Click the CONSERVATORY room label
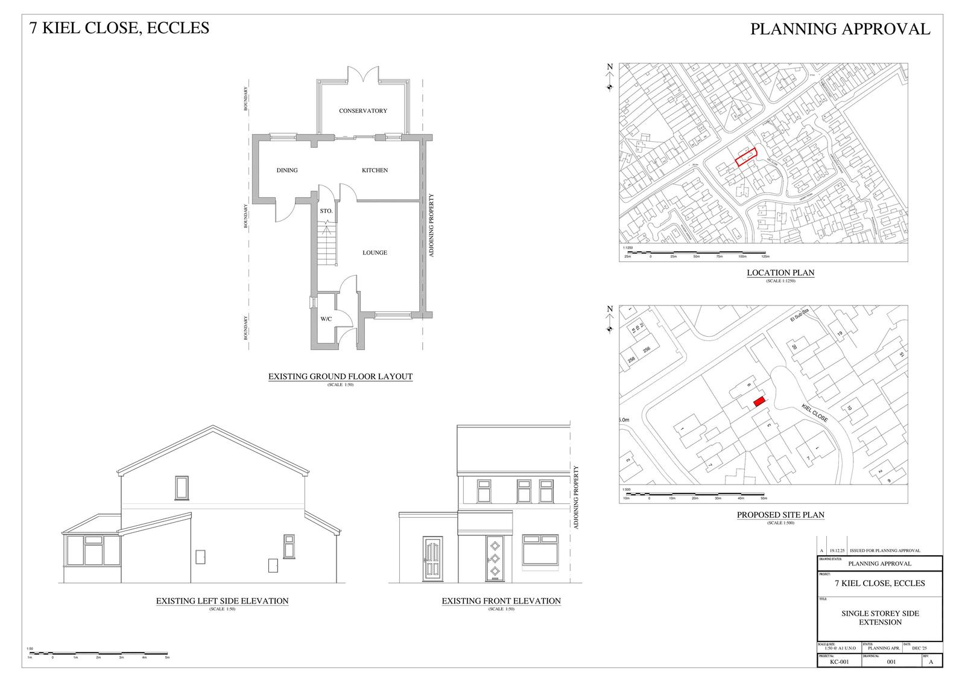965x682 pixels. (362, 111)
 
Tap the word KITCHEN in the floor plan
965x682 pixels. (375, 170)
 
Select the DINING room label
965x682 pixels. (287, 170)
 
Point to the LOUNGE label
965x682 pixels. (375, 253)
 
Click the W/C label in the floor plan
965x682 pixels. (326, 319)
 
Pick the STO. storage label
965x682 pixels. (326, 211)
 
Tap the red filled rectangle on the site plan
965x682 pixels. (759, 400)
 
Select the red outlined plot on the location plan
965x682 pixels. (746, 158)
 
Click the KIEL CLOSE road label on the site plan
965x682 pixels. (814, 412)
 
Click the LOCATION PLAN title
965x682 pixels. (780, 273)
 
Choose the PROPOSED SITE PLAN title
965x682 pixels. (780, 515)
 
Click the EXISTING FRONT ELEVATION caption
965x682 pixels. (501, 601)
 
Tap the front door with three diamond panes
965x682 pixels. (494, 558)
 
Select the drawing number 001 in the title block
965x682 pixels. (891, 662)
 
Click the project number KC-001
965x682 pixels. (840, 662)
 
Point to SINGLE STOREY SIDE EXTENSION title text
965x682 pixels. (880, 617)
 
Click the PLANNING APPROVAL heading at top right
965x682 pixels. (840, 29)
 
